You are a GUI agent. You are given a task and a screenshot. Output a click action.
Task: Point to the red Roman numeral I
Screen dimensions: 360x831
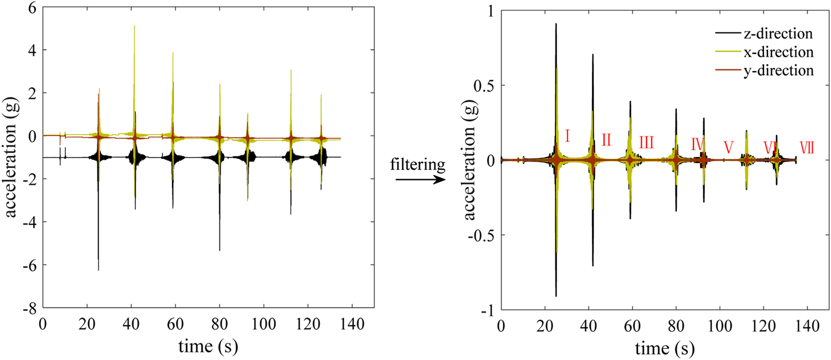tap(567, 136)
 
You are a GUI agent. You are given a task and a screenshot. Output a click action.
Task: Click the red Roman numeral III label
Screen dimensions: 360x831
tap(646, 142)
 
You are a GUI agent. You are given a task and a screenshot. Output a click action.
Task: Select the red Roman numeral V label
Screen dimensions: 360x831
tap(728, 147)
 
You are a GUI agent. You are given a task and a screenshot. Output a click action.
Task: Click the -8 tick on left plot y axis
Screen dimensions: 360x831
tap(30, 308)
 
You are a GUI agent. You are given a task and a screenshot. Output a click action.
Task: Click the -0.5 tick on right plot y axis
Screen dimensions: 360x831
tap(480, 235)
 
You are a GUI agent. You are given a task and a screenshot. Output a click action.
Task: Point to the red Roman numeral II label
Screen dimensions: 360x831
tap(606, 139)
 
